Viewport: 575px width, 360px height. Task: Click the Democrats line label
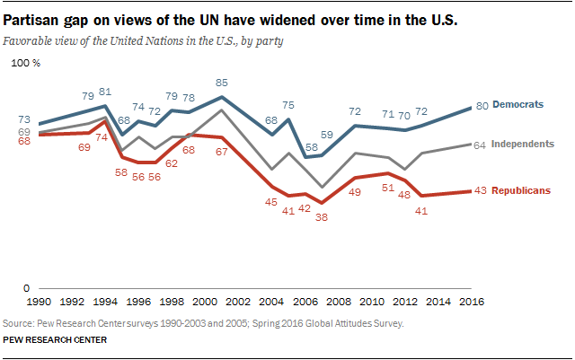pos(518,104)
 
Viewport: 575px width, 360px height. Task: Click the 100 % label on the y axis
pos(24,63)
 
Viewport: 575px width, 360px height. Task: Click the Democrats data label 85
pos(222,83)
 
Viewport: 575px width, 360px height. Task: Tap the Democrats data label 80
pos(482,106)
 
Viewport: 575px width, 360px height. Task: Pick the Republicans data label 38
pos(322,217)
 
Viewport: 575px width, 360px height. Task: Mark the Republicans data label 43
pos(482,191)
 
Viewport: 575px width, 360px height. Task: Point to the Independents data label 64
pos(482,145)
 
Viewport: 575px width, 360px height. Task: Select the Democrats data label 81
pos(105,92)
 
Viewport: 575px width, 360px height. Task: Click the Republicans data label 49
pos(355,192)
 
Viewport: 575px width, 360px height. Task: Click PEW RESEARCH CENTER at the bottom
pos(56,340)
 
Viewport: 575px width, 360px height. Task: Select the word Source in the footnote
pos(21,322)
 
